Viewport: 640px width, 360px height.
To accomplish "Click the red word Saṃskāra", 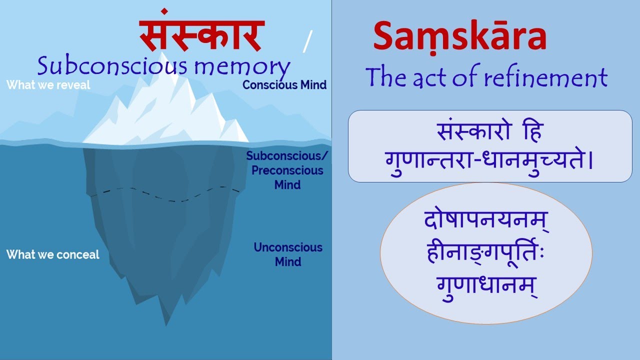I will (x=459, y=38).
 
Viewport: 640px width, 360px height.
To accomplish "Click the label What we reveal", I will (x=48, y=85).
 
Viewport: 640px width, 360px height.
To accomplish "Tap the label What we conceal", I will (x=52, y=254).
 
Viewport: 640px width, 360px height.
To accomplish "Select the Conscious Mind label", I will (x=284, y=85).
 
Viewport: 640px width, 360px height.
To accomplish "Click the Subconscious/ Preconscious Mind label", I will (x=287, y=170).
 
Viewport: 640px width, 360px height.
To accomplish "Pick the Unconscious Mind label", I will (x=288, y=254).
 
